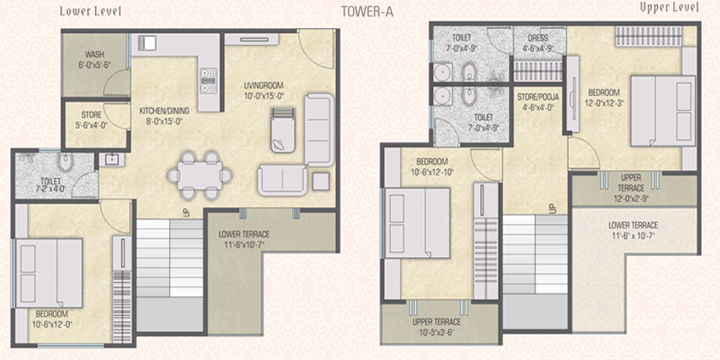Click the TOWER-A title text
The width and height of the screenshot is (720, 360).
(367, 12)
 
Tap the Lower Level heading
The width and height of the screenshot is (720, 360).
(91, 12)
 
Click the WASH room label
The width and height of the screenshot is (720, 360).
(94, 60)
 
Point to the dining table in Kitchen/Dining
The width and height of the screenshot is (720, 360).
(200, 176)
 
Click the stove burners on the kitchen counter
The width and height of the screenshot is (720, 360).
(208, 81)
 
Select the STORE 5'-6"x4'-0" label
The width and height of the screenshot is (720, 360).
(91, 119)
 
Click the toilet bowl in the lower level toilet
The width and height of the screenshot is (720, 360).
(66, 161)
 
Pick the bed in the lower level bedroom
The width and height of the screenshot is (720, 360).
(49, 273)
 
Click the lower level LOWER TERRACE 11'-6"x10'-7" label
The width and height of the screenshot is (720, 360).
(244, 238)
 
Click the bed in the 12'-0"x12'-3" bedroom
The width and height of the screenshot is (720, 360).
(662, 111)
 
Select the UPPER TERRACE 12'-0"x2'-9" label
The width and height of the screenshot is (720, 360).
(631, 188)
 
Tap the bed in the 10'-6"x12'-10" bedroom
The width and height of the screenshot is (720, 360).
(417, 223)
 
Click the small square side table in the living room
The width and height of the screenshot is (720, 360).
(321, 182)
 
